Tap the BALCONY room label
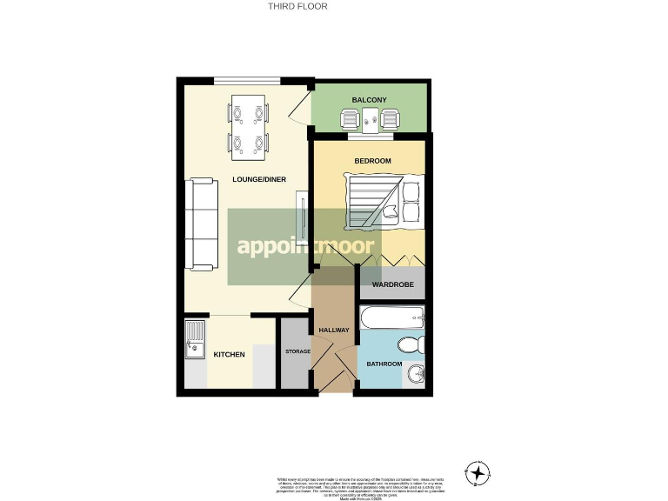pyautogui.click(x=369, y=101)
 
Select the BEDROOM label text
pyautogui.click(x=372, y=161)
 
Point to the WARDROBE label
pyautogui.click(x=392, y=285)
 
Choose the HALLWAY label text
pyautogui.click(x=334, y=330)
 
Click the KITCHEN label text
pyautogui.click(x=230, y=355)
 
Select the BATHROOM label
pyautogui.click(x=384, y=364)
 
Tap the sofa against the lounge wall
pyautogui.click(x=203, y=224)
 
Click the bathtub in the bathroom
pyautogui.click(x=391, y=317)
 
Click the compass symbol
pyautogui.click(x=478, y=473)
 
